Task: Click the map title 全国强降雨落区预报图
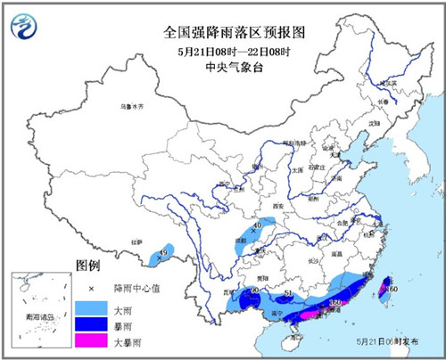pos(222,31)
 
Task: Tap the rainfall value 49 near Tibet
pos(162,253)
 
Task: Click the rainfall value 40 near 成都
pos(258,227)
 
